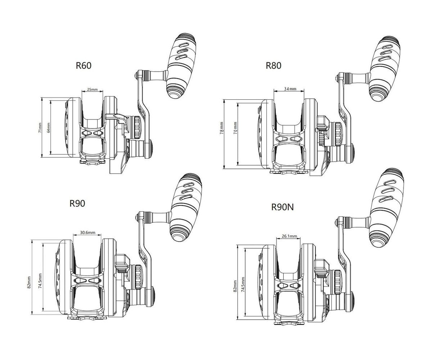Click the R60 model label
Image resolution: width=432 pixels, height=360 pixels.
(84, 66)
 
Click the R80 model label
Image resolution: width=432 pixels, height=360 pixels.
(273, 66)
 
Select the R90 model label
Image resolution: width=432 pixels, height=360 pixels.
(77, 203)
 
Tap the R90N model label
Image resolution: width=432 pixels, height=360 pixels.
(282, 207)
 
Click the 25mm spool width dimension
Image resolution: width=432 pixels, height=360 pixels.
(92, 89)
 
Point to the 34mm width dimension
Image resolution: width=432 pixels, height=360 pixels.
(290, 89)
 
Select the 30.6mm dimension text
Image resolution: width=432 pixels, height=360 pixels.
(87, 233)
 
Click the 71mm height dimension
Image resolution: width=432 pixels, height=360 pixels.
(40, 128)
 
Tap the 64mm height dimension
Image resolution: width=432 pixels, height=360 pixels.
(48, 128)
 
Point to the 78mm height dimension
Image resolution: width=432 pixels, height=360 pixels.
(221, 128)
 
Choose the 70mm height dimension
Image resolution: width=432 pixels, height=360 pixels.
(235, 128)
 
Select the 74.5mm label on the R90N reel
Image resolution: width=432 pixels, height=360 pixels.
(243, 284)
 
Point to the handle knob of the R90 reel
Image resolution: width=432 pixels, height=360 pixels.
(185, 207)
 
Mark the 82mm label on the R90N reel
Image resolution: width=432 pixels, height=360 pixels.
(235, 286)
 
